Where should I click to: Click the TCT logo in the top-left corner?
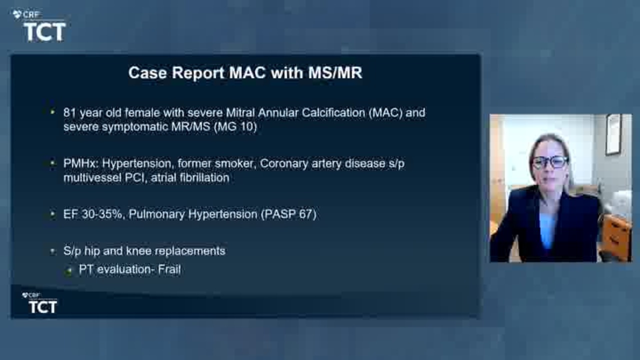39,26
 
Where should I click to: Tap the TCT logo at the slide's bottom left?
39,303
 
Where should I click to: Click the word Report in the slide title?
198,73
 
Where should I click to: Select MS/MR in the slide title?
335,72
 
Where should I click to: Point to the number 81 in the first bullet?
69,113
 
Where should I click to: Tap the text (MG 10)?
235,127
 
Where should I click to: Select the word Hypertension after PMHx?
137,164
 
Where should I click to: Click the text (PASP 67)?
289,214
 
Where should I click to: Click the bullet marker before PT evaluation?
68,270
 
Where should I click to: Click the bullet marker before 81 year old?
52,112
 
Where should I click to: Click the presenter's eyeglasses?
550,162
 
